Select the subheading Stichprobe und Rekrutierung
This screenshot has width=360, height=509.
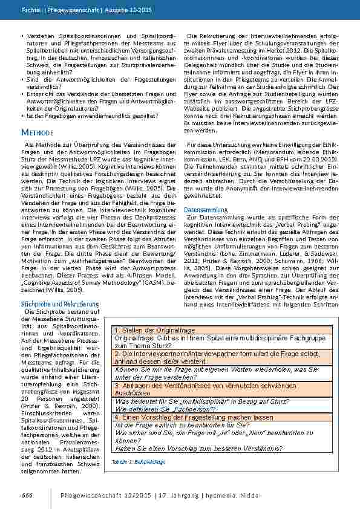[60, 303]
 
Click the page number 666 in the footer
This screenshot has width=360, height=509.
[27, 494]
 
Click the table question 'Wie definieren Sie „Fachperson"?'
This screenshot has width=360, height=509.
[165, 409]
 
